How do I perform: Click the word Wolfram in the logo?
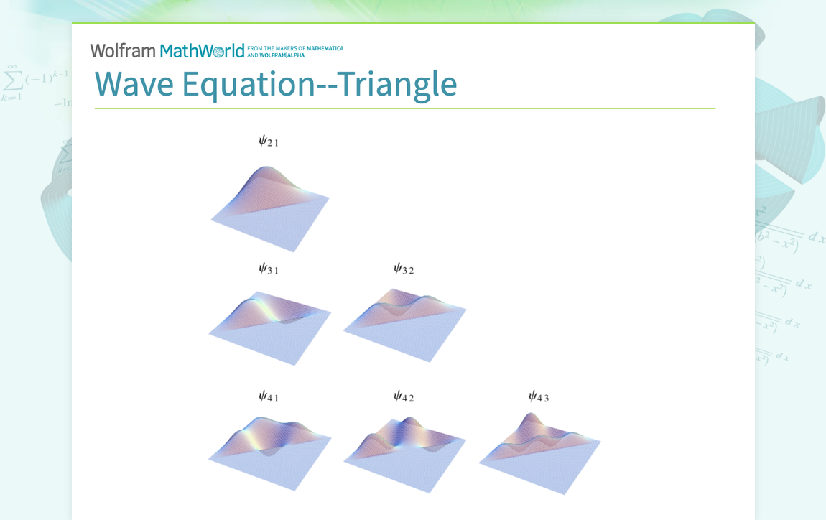click(x=122, y=50)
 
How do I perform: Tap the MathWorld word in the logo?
click(x=202, y=50)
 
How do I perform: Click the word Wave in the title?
click(x=134, y=84)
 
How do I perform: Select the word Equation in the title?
click(x=249, y=84)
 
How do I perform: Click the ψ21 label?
click(x=268, y=141)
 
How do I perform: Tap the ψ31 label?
click(x=268, y=269)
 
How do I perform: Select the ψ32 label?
click(x=403, y=269)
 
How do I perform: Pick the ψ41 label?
click(x=268, y=396)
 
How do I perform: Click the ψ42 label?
click(x=403, y=396)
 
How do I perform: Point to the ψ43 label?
click(x=538, y=396)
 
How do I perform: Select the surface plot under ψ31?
click(x=270, y=326)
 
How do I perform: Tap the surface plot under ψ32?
click(x=404, y=324)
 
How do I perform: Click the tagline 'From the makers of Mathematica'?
click(x=295, y=48)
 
